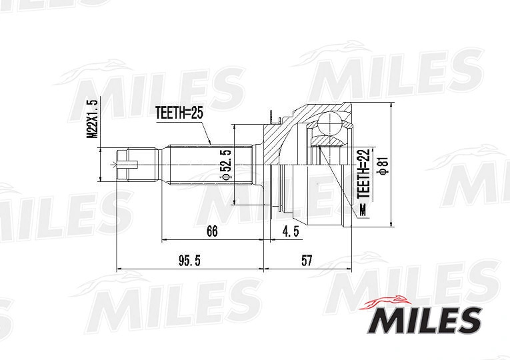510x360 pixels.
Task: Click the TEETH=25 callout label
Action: pyautogui.click(x=179, y=113)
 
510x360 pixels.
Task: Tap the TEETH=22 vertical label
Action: pyautogui.click(x=363, y=173)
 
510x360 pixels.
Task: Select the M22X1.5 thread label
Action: pyautogui.click(x=92, y=119)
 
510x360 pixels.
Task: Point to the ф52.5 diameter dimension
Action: pyautogui.click(x=227, y=164)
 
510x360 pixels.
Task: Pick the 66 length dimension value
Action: pyautogui.click(x=212, y=231)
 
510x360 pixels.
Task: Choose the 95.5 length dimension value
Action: pyautogui.click(x=189, y=261)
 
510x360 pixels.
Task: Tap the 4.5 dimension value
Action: pyautogui.click(x=291, y=231)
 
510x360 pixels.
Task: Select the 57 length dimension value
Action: pyautogui.click(x=307, y=261)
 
